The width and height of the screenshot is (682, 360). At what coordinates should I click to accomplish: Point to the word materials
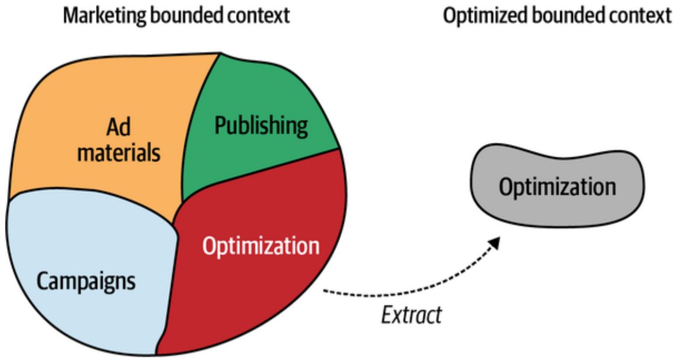pyautogui.click(x=118, y=153)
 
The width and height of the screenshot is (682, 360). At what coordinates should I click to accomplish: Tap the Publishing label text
pyautogui.click(x=261, y=126)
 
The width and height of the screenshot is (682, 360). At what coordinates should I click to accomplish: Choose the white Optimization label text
pyautogui.click(x=261, y=246)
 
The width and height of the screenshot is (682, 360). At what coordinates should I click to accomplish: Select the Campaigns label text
pyautogui.click(x=86, y=281)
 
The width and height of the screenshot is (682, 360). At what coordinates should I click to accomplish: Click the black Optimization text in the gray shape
pyautogui.click(x=557, y=187)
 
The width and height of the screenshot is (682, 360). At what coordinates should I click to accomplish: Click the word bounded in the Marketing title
pyautogui.click(x=186, y=16)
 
